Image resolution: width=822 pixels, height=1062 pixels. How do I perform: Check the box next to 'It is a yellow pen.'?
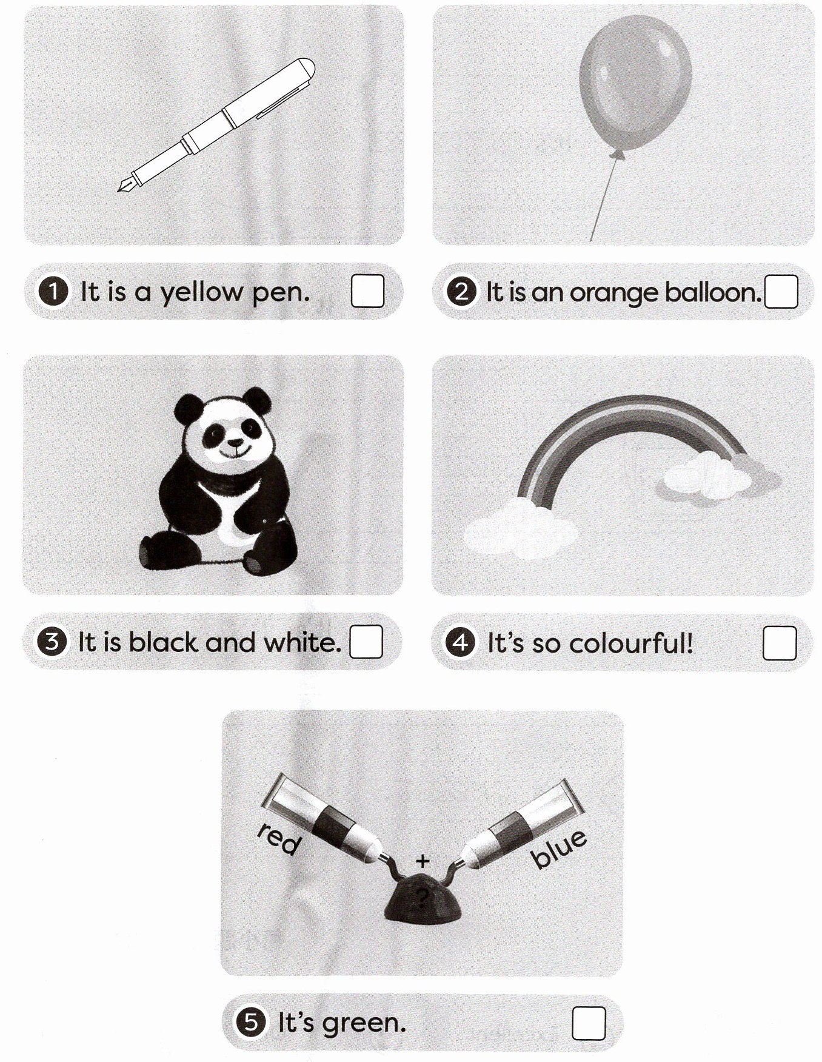coord(367,291)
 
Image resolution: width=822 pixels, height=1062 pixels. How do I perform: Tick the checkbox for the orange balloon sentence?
coord(781,292)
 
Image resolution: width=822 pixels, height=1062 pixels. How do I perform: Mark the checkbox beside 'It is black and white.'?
coord(366,641)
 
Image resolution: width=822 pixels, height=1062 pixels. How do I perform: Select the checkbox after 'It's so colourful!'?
coord(779,642)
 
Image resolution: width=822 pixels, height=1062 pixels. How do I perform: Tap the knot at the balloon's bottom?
coord(617,156)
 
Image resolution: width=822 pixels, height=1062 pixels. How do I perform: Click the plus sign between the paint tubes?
coord(423,860)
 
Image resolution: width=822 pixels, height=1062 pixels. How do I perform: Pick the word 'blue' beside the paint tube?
coord(559,849)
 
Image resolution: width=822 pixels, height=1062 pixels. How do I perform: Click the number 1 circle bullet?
coord(53,292)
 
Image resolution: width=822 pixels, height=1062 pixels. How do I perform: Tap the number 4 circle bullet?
coord(460,642)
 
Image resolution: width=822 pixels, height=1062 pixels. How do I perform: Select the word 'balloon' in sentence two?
coord(713,292)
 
